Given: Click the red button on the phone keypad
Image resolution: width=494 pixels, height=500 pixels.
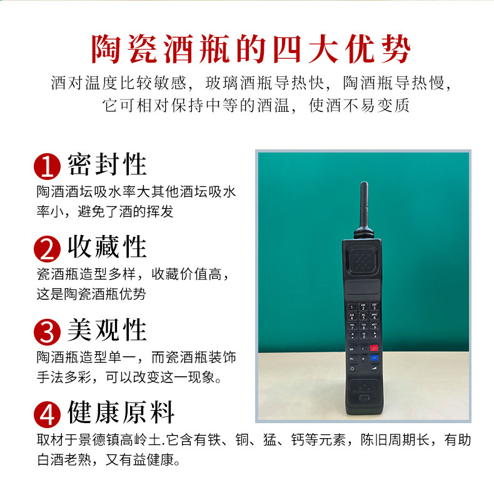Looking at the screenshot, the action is point(374,347).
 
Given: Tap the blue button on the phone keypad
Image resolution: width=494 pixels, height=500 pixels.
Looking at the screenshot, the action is point(374,357).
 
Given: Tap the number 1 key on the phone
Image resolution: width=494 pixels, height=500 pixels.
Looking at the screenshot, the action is point(352,307).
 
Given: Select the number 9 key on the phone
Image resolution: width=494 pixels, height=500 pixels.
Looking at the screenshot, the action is point(374,326).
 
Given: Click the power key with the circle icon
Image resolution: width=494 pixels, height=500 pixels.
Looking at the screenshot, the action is point(352,368).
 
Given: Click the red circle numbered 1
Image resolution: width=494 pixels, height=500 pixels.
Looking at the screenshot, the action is point(48,166).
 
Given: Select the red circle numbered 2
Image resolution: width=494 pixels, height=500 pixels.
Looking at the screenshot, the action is point(48,249).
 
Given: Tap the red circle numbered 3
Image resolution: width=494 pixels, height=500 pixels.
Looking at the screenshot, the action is point(48,332).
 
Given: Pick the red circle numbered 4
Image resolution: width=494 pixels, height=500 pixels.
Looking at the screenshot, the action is point(48,414).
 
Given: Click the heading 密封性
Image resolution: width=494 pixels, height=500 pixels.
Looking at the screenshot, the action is point(107,164).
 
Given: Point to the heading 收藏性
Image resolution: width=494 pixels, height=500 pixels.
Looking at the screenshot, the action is point(107,246).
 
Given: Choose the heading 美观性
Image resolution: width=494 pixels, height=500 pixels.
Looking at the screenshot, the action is point(107,329).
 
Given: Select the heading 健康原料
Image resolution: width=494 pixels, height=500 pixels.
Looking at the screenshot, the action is point(121,412).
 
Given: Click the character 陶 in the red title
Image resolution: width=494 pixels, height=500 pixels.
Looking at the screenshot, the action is point(106,49).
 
